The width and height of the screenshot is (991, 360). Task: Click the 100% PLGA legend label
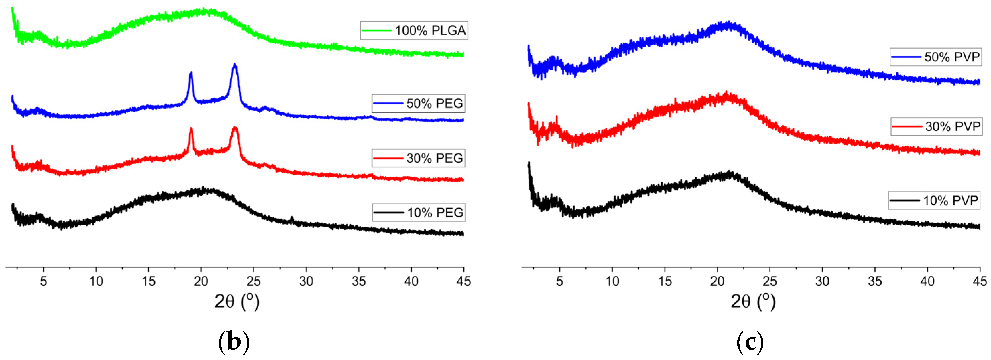pos(414,30)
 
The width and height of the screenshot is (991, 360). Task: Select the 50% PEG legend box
pos(418,103)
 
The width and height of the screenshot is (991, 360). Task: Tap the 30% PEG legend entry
pos(418,158)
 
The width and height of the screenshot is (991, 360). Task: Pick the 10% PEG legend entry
pos(419,212)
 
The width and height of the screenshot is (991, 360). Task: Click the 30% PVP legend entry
pos(936,126)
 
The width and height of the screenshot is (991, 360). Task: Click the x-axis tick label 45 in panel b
pos(463,282)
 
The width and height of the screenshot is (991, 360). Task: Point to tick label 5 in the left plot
pos(44,282)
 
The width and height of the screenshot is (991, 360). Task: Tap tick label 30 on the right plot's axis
pos(822,282)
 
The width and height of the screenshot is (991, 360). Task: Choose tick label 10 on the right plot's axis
pos(612,282)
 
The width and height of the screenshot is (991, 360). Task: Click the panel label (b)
pos(234,342)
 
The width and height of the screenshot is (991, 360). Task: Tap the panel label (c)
pos(750,342)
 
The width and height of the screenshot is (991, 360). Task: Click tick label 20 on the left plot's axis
pos(201,282)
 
